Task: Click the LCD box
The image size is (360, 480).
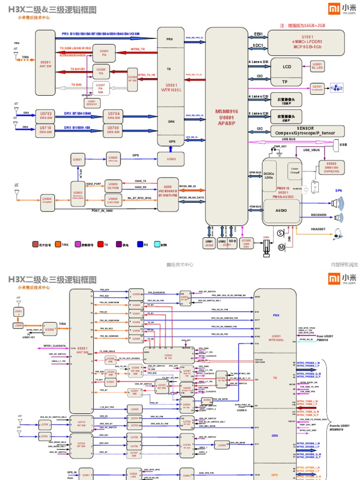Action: coord(286,67)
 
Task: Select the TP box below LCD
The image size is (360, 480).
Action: coord(284,82)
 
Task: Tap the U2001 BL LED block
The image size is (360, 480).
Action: coord(317,66)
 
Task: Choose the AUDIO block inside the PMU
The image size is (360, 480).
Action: coord(282,210)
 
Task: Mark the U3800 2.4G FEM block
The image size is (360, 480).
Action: coord(113,201)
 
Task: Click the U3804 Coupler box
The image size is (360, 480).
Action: coord(47,199)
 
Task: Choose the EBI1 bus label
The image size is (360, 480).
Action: coord(258,34)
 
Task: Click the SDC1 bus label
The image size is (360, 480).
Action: coord(258,45)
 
